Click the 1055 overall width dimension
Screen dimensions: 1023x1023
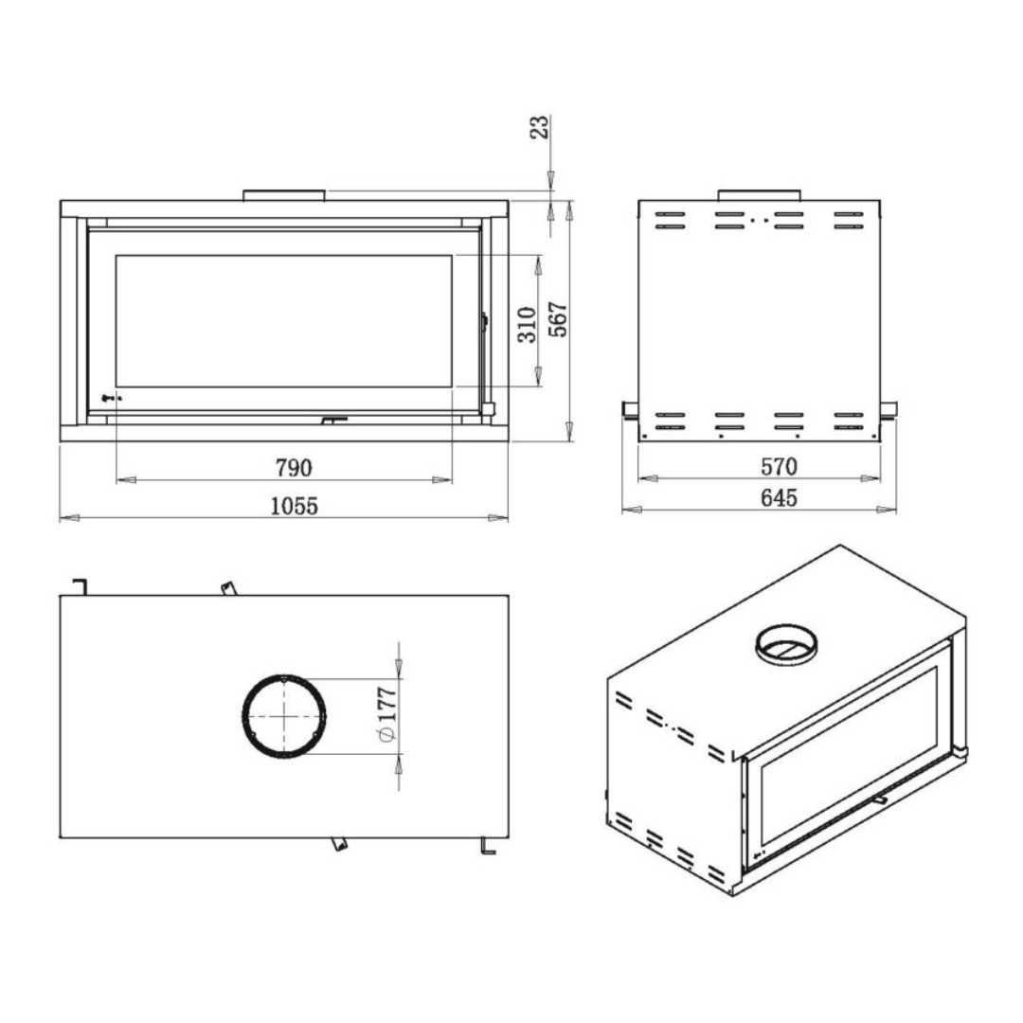click(294, 505)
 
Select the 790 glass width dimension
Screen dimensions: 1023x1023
click(294, 468)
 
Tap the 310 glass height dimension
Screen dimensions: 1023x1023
click(528, 323)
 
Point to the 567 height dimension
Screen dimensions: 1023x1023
click(558, 320)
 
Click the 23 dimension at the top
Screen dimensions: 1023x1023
click(538, 128)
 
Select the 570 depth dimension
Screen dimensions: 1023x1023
click(780, 467)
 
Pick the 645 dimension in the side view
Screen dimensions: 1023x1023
click(780, 497)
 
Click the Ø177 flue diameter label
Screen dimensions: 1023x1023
click(386, 717)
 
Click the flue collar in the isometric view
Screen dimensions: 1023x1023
click(786, 646)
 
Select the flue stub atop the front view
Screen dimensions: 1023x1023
click(284, 195)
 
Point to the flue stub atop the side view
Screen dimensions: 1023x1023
click(759, 195)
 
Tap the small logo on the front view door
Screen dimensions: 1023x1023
click(108, 398)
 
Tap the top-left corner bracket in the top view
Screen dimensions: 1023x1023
click(81, 585)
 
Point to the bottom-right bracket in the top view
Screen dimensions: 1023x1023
click(488, 844)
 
